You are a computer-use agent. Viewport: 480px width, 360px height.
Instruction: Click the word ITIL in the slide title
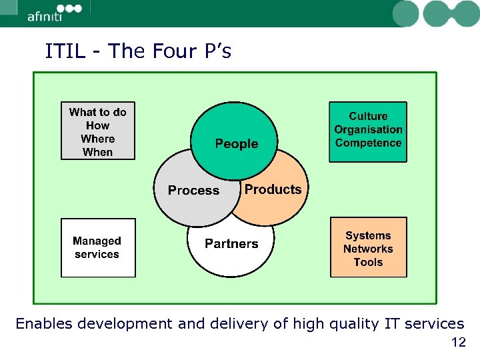[x=65, y=51]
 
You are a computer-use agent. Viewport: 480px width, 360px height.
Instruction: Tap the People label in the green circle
[x=236, y=144]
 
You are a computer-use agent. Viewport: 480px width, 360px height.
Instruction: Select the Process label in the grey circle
[x=193, y=191]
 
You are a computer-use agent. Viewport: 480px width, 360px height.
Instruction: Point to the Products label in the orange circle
[x=273, y=189]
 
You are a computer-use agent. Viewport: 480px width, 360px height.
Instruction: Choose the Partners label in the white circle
[x=231, y=244]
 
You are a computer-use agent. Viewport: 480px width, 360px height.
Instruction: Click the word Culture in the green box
[x=368, y=117]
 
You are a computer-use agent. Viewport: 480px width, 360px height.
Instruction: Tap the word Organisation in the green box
[x=368, y=130]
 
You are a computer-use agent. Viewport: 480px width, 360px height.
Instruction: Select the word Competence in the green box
[x=368, y=143]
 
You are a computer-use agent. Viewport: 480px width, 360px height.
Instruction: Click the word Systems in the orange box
[x=368, y=236]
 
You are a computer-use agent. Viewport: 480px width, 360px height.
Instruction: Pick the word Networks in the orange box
[x=368, y=249]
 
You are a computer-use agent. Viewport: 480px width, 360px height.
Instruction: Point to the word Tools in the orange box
[x=368, y=263]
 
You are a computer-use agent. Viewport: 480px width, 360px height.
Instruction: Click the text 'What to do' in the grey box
[x=97, y=113]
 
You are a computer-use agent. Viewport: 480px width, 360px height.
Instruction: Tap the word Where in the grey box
[x=97, y=139]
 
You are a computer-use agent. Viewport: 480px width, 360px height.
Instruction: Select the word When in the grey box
[x=97, y=153]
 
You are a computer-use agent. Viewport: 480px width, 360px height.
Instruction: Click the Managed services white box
[x=97, y=248]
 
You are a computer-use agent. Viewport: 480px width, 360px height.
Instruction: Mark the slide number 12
[x=459, y=343]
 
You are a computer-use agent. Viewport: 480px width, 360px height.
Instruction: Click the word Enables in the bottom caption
[x=44, y=324]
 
